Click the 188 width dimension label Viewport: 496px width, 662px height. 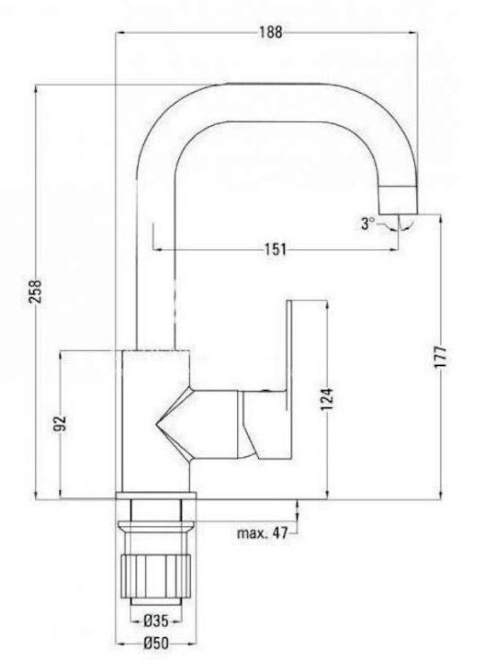[x=270, y=32]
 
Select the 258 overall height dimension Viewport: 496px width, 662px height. [x=36, y=291]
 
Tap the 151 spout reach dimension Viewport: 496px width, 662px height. [x=275, y=249]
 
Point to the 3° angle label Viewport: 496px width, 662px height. [x=367, y=223]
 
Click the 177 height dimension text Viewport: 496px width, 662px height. [x=440, y=359]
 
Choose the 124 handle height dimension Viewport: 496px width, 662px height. [x=327, y=399]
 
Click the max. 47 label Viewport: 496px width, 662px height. [x=263, y=533]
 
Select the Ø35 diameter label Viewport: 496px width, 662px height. [x=155, y=621]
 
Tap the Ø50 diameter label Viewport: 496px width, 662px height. [x=155, y=644]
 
